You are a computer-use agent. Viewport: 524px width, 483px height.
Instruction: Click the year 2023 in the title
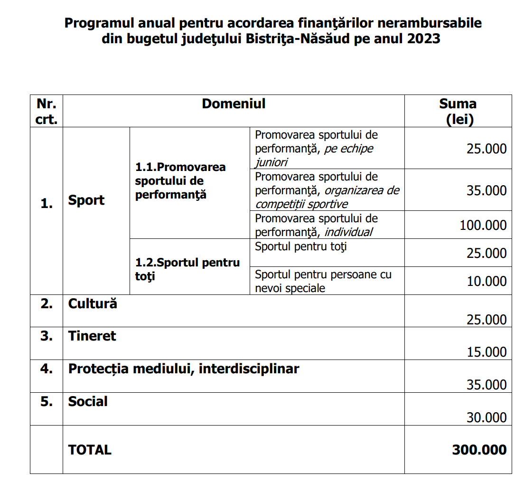pyautogui.click(x=423, y=38)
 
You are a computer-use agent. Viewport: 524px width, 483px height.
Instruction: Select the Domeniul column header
pyautogui.click(x=234, y=104)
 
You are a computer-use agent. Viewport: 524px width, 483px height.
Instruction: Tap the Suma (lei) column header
pyautogui.click(x=458, y=111)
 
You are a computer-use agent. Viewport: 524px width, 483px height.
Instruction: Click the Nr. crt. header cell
pyautogui.click(x=47, y=111)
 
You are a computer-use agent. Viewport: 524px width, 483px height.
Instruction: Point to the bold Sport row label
pyautogui.click(x=86, y=200)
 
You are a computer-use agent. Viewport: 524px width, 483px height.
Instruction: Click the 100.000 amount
pyautogui.click(x=483, y=225)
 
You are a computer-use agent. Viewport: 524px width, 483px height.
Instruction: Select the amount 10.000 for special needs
pyautogui.click(x=487, y=281)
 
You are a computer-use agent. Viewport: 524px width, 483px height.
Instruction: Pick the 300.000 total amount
pyautogui.click(x=479, y=450)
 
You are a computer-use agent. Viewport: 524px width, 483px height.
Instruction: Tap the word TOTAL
pyautogui.click(x=90, y=450)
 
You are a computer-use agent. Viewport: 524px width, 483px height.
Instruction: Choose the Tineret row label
pyautogui.click(x=92, y=336)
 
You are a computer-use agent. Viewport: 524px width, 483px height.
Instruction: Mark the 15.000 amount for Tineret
pyautogui.click(x=487, y=352)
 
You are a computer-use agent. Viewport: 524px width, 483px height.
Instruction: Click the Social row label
pyautogui.click(x=88, y=402)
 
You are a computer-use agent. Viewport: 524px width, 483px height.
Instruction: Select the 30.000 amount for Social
pyautogui.click(x=487, y=417)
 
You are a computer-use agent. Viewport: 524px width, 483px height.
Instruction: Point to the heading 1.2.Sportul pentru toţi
pyautogui.click(x=187, y=269)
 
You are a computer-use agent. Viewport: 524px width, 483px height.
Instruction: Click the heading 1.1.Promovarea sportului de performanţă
pyautogui.click(x=180, y=181)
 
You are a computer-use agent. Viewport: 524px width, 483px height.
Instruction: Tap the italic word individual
pyautogui.click(x=348, y=232)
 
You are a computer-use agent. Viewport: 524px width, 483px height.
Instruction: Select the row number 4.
pyautogui.click(x=46, y=369)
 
